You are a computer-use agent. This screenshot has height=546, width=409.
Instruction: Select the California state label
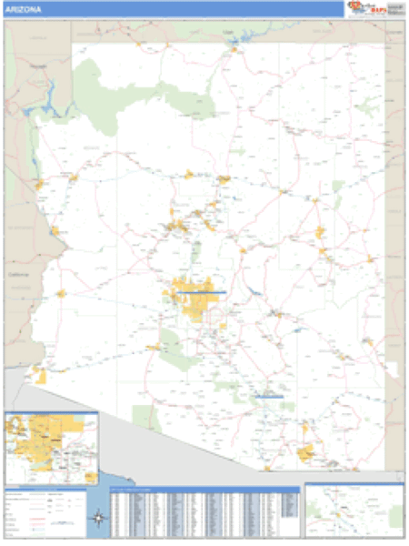click(18, 273)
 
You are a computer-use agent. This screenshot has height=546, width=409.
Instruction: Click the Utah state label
click(229, 32)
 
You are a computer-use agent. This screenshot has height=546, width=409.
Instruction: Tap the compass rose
click(99, 521)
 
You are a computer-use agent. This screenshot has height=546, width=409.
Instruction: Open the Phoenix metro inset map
click(52, 449)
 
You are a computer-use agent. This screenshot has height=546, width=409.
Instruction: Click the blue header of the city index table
click(204, 490)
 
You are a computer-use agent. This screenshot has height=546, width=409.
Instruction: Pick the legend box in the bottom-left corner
click(45, 513)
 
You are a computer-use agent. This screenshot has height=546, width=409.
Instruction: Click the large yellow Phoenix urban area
click(195, 298)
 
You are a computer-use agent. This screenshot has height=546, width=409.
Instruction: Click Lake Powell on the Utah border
click(238, 45)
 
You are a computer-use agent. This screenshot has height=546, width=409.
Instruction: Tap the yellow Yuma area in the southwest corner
click(38, 374)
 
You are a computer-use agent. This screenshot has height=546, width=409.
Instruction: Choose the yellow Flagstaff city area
click(223, 179)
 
